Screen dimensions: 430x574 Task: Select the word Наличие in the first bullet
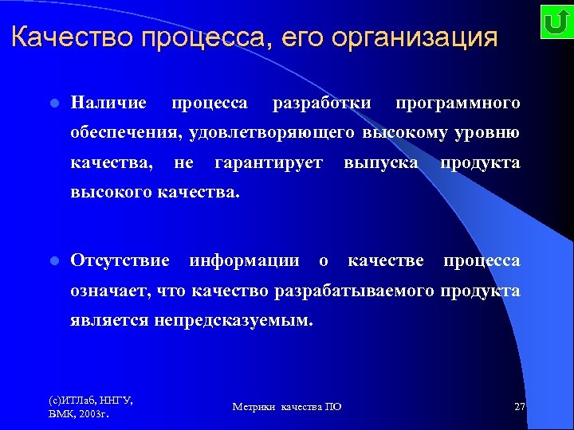pyautogui.click(x=108, y=103)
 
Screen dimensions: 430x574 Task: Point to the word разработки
pyautogui.click(x=321, y=103)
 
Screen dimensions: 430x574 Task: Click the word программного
pyautogui.click(x=458, y=103)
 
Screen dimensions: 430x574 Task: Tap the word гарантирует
pyautogui.click(x=269, y=162)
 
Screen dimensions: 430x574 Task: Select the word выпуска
pyautogui.click(x=381, y=162)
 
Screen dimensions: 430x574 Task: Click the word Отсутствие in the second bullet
pyautogui.click(x=120, y=260)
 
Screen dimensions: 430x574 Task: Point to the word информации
pyautogui.click(x=244, y=260)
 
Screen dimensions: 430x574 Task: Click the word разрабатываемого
pyautogui.click(x=353, y=291)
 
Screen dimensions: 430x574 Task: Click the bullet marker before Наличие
pyautogui.click(x=53, y=104)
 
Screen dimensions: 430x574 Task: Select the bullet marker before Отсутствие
pyautogui.click(x=53, y=261)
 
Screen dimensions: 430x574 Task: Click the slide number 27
pyautogui.click(x=520, y=407)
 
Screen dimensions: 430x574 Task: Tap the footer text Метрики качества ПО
pyautogui.click(x=287, y=407)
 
